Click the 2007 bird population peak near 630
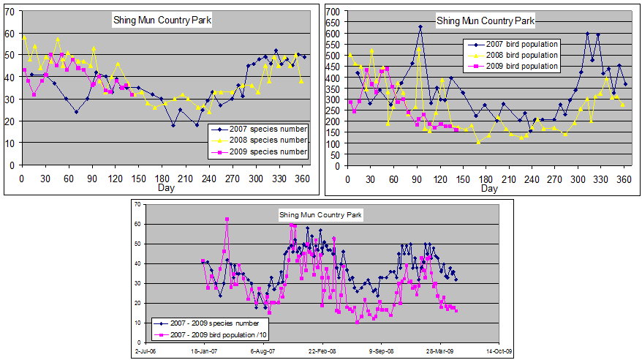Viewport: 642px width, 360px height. (420, 26)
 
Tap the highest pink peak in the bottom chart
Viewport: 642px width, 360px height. (227, 219)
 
